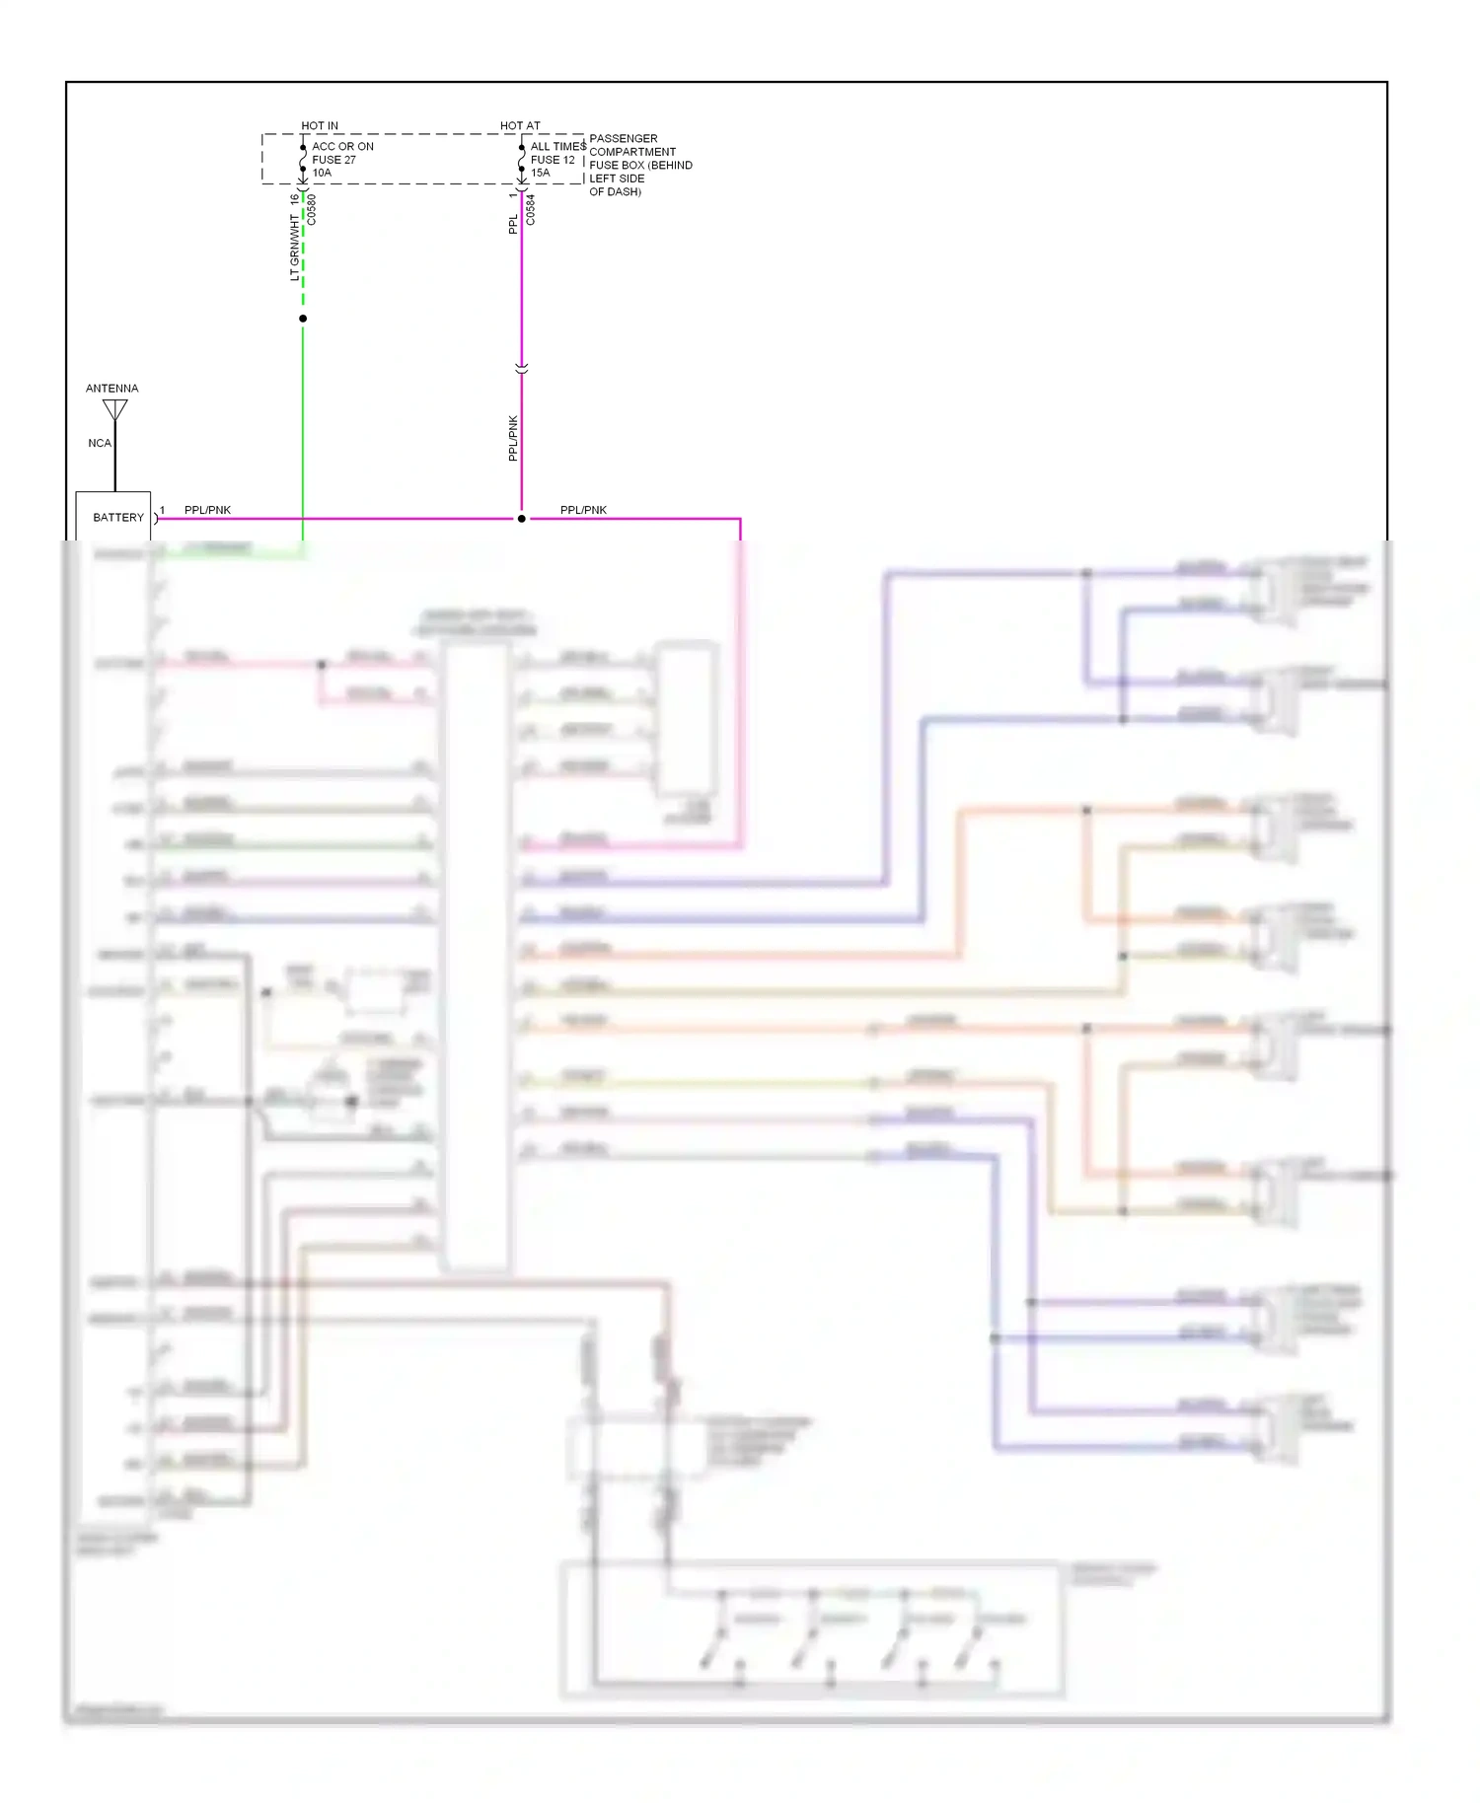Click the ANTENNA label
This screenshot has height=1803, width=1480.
tap(111, 388)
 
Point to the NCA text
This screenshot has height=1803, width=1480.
tap(100, 443)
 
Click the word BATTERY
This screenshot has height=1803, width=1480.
tap(118, 517)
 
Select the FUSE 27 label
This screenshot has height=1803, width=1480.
tap(333, 160)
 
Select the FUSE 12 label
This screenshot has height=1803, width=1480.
tap(553, 160)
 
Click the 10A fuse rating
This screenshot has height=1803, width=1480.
tap(322, 173)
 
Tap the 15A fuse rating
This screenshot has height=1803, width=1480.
tap(541, 173)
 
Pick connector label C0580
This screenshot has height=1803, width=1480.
tap(312, 209)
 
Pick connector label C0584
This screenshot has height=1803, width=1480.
tap(531, 209)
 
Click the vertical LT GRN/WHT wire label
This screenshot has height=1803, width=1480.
tap(294, 247)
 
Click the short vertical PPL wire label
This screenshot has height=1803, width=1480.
tap(513, 224)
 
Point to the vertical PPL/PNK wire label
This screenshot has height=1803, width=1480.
tap(513, 438)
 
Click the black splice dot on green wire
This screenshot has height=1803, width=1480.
tap(303, 319)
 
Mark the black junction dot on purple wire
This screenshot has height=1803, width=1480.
tap(522, 518)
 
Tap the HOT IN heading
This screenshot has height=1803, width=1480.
tap(320, 125)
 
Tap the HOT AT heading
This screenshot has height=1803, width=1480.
tap(520, 125)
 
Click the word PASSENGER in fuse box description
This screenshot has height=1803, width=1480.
tap(623, 138)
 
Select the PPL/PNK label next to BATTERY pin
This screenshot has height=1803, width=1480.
tap(207, 510)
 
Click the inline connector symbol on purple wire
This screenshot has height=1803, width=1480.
tap(522, 368)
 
